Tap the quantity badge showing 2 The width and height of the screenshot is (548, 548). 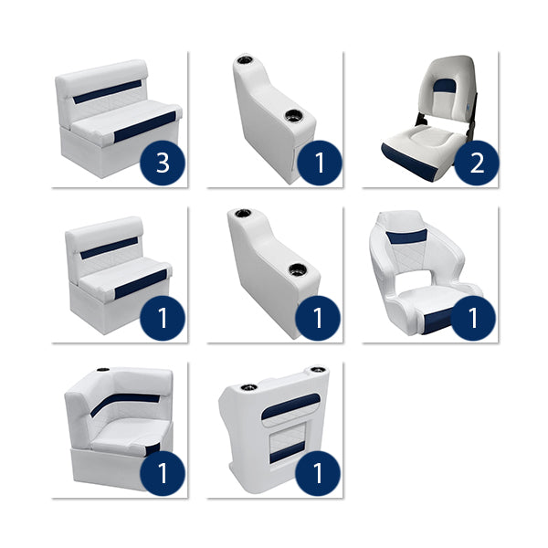point(476,163)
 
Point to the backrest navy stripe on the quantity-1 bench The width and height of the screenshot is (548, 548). point(109,247)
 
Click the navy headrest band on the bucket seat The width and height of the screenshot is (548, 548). point(406,237)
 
